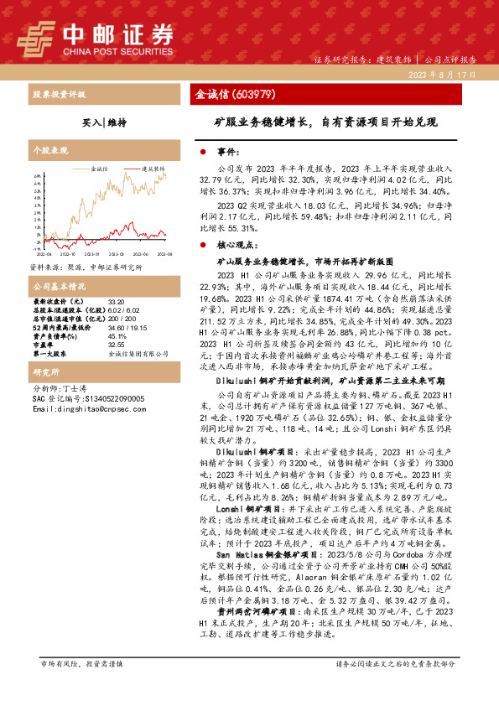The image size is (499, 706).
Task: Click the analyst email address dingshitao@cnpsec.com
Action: coord(80,408)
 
